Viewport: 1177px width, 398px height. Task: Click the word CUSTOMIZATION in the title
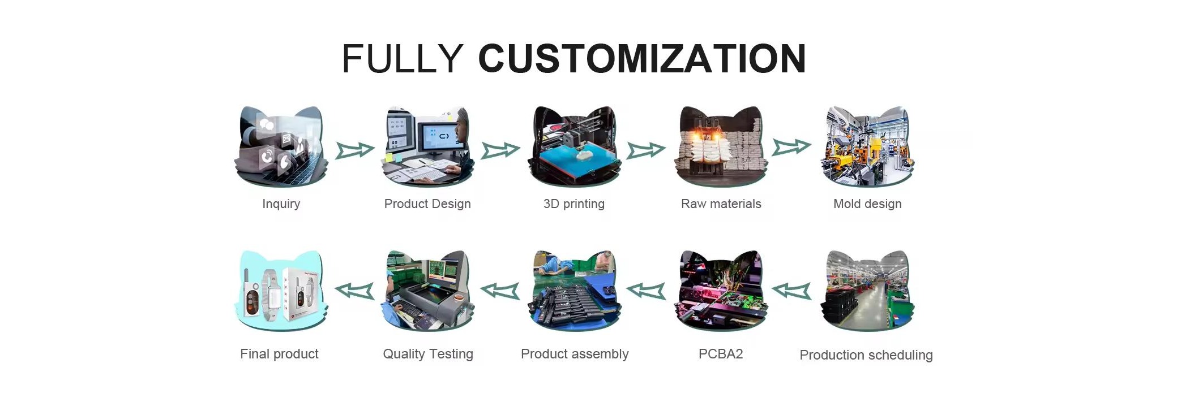[642, 59]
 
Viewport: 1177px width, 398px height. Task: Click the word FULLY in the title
[403, 59]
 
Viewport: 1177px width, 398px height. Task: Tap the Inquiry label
[281, 204]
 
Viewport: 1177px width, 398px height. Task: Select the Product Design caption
[427, 204]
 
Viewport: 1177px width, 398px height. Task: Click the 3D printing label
[574, 204]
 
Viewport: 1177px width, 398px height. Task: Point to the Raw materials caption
[721, 204]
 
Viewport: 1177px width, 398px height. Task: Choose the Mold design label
[867, 204]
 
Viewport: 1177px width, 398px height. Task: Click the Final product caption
[279, 354]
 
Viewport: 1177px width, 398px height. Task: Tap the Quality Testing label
[428, 354]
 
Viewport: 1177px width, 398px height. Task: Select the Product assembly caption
[575, 354]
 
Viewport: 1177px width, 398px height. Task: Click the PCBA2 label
[721, 354]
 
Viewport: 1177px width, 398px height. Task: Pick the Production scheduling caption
[866, 355]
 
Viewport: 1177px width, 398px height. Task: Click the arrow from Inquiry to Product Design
[355, 150]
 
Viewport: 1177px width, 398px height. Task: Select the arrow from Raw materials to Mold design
[792, 147]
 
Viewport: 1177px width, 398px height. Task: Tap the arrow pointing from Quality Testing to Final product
[354, 291]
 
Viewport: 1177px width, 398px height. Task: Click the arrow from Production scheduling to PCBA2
[791, 291]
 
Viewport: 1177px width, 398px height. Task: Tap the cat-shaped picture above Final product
[281, 291]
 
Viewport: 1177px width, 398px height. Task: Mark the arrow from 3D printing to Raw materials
[647, 150]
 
